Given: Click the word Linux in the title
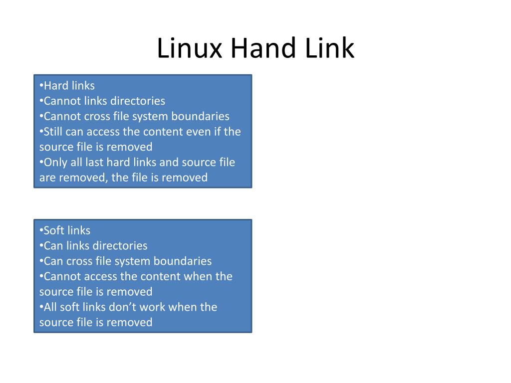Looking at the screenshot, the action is click(x=189, y=49).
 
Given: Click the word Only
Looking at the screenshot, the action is click(x=54, y=163).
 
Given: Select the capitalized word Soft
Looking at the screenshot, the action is click(x=54, y=230).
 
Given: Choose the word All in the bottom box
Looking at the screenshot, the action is click(x=50, y=307).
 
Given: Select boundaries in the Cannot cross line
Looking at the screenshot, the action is click(x=201, y=116).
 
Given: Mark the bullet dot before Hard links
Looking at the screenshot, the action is click(x=41, y=86).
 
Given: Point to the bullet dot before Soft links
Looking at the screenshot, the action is click(x=41, y=231).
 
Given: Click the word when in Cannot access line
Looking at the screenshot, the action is click(x=198, y=276).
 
